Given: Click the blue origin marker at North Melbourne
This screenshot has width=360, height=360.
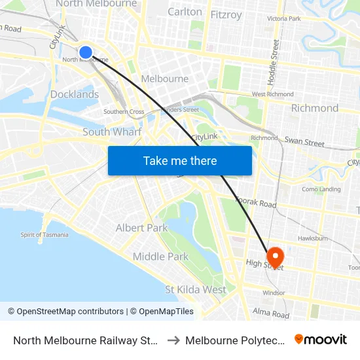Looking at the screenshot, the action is pos(86,52).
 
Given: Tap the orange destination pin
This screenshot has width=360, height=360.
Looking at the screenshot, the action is pos(274,256).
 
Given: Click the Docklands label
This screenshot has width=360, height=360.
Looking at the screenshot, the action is pos(75,94).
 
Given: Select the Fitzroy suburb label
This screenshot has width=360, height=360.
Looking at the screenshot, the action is pos(226,14).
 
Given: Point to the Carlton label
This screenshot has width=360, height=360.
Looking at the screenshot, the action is pos(185,12).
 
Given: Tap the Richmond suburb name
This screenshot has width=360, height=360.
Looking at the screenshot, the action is pos(315,108).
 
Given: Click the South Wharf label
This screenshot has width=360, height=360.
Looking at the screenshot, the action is pos(112,132).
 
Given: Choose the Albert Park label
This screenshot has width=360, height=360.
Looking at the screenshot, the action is pos(141,228).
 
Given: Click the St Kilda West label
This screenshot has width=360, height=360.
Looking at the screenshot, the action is pos(196,289).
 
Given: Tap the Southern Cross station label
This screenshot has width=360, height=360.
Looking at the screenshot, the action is pos(124,112).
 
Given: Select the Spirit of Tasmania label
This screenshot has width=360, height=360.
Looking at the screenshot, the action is pos(44,235).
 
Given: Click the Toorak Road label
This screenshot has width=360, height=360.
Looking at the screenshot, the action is pos(256,204).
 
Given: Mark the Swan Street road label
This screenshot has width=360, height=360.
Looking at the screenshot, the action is pos(304,143).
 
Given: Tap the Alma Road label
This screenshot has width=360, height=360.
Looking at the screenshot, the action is pos(271,315).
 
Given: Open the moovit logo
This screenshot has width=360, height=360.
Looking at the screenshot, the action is pos(321,340).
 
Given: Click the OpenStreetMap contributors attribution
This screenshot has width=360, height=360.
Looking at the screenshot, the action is pos(65,312).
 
